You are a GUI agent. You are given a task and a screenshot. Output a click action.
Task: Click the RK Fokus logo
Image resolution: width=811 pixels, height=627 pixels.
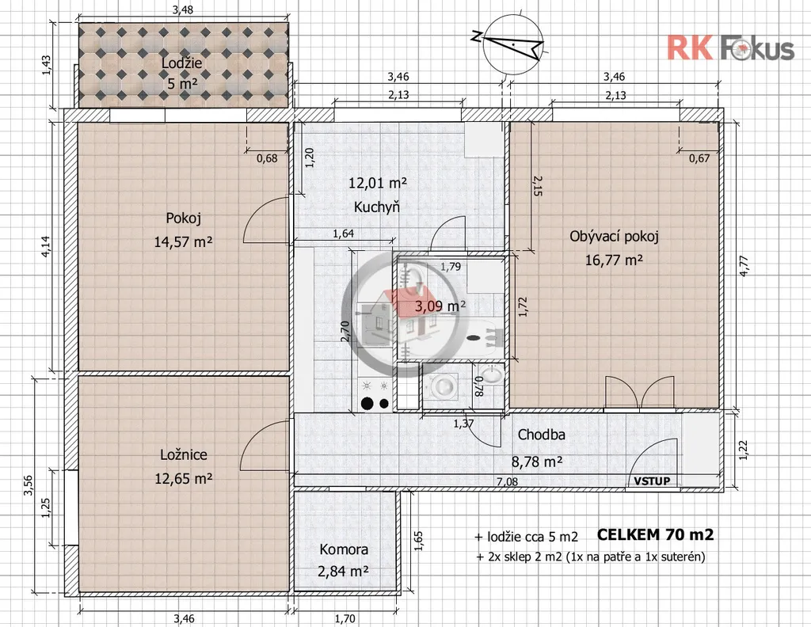click(729, 48)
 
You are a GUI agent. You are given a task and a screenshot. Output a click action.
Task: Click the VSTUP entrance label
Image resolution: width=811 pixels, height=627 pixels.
click(653, 481)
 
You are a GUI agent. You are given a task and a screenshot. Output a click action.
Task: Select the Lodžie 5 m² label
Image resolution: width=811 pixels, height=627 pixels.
click(182, 73)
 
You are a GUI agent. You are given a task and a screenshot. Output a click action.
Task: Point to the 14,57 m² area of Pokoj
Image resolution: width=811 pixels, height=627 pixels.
click(183, 241)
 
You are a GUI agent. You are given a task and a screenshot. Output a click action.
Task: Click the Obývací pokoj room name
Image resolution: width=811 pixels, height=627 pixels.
click(614, 237)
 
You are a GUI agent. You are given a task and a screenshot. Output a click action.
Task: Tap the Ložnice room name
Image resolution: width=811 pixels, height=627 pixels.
click(184, 455)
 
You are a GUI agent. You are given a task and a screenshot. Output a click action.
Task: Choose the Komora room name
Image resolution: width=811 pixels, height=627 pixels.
click(344, 549)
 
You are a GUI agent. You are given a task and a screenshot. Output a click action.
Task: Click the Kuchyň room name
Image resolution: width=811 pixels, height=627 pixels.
click(377, 207)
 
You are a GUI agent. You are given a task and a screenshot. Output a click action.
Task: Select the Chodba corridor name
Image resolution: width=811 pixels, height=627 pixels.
click(541, 435)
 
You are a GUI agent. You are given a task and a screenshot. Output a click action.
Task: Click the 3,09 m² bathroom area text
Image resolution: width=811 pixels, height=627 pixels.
click(440, 306)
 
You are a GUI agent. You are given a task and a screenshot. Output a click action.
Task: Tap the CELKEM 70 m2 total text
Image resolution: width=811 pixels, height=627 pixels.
click(655, 534)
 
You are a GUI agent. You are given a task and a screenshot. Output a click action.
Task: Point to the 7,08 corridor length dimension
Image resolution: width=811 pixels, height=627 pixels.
click(508, 482)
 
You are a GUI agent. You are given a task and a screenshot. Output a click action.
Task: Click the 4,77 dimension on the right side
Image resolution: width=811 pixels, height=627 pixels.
click(744, 267)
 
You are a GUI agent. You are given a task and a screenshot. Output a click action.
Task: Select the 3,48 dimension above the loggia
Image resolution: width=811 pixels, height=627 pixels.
click(184, 9)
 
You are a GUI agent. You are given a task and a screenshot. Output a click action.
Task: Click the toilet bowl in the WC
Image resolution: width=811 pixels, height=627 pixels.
click(443, 386)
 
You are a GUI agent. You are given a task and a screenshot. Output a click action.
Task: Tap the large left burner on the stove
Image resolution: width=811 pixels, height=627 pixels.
click(367, 403)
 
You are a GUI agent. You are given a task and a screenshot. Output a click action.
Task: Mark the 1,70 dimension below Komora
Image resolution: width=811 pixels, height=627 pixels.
click(345, 618)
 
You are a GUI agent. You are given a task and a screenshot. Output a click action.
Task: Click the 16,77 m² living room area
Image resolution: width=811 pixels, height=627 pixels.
click(614, 260)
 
